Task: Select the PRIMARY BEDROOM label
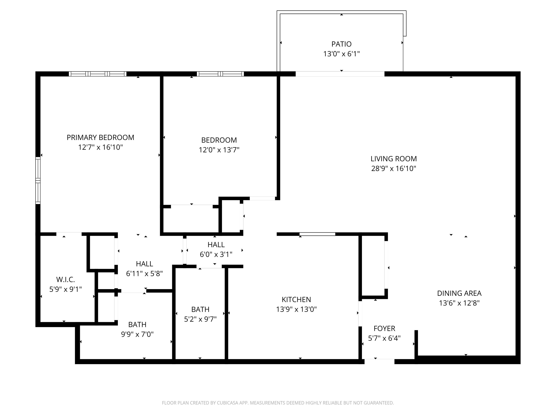coord(100,138)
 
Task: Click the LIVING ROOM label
coord(393,159)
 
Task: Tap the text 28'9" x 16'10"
coord(393,169)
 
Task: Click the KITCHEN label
coord(296,300)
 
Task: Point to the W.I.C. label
coord(65,279)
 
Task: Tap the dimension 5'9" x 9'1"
coord(65,289)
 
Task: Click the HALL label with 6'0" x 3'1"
coord(216,245)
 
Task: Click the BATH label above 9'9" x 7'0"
coord(137,325)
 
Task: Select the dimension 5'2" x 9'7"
coord(200,319)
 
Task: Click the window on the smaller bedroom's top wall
coord(220,74)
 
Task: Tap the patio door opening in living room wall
coord(340,74)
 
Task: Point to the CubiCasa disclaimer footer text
coord(278,403)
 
